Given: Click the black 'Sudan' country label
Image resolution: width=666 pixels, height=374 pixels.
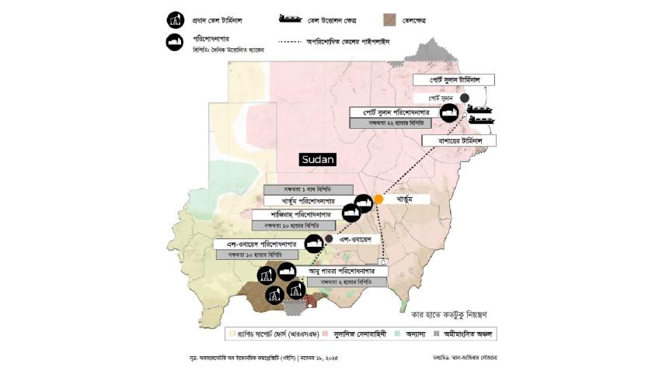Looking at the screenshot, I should click(317, 160).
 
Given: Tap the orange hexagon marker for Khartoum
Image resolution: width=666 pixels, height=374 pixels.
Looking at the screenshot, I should click(378, 199).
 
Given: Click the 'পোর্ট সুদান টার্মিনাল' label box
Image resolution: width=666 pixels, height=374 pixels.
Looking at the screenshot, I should click(464, 81).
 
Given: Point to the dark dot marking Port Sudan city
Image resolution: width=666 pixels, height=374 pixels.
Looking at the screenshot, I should click(464, 98).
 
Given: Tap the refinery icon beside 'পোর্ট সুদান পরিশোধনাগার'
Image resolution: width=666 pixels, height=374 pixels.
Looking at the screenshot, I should click(448, 113).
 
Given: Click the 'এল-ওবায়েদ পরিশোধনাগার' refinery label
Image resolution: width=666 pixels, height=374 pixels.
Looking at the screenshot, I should click(259, 244).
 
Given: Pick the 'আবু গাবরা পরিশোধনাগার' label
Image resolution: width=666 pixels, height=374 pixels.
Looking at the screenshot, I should click(337, 272).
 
